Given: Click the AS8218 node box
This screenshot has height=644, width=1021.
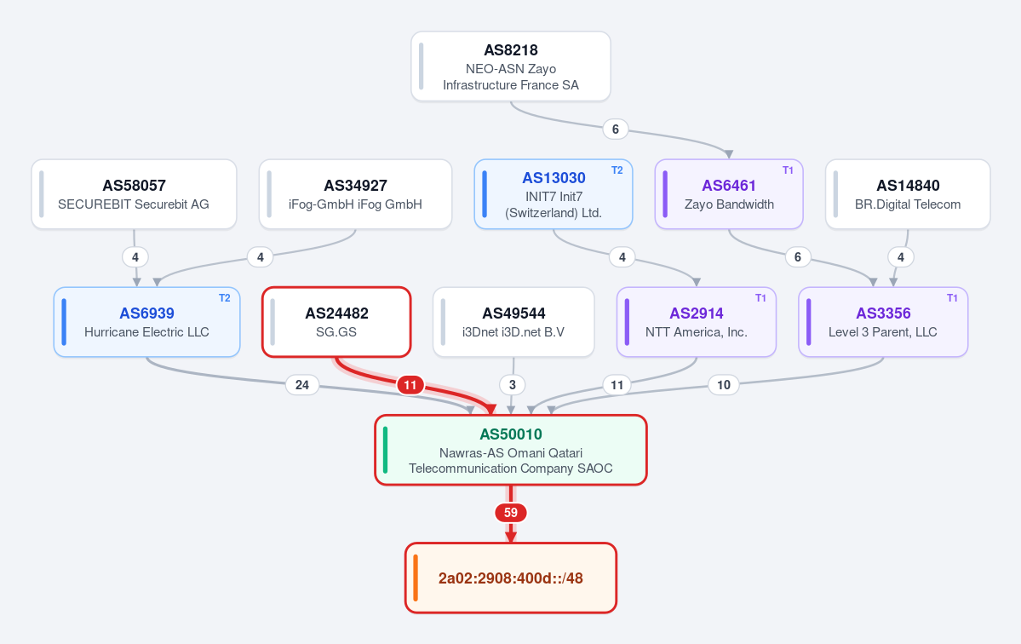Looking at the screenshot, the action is (511, 66).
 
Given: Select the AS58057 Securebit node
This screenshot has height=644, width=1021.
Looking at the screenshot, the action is (135, 194).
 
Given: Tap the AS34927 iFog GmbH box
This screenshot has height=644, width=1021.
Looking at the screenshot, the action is (356, 194).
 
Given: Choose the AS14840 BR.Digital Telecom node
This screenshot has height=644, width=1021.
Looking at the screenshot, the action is (908, 194).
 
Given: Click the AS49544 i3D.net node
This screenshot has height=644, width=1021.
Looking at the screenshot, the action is (513, 322).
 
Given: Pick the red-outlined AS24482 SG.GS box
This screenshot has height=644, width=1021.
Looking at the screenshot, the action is (336, 322).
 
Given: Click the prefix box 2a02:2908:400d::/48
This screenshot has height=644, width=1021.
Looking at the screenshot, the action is (511, 578).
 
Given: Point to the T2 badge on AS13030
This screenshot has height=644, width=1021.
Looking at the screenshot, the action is (617, 170).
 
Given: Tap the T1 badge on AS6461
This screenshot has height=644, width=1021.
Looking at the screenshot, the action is (788, 170).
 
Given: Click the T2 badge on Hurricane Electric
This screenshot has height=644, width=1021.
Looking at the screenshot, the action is (225, 298).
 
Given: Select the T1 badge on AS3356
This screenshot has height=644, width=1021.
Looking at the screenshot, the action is (952, 298).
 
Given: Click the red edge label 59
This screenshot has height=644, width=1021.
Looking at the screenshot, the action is (511, 513).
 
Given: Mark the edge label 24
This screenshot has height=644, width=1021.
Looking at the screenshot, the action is (302, 385).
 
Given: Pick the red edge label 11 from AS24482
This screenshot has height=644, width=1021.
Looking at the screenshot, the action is (410, 385).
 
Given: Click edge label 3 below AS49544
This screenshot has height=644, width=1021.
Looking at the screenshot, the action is (513, 385).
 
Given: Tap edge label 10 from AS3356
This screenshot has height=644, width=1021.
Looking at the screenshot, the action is (724, 385).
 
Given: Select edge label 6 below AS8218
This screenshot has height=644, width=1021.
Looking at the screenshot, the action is (616, 129).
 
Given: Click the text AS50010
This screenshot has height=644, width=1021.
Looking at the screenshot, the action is (511, 434).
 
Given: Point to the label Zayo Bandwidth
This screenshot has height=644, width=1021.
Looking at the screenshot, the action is (729, 204).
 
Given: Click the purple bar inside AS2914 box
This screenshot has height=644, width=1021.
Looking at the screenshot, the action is (627, 322).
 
